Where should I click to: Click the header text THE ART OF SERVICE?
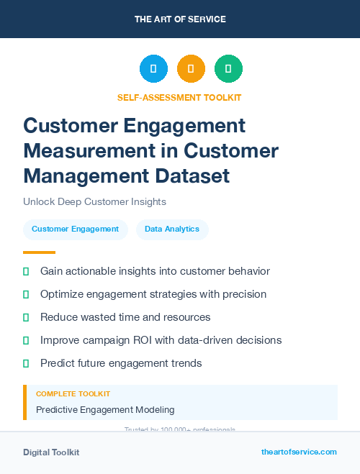tap(180, 19)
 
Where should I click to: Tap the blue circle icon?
tap(153, 69)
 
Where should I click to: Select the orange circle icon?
tap(191, 69)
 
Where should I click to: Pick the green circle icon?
tap(228, 69)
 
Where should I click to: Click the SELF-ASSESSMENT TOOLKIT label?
tap(179, 97)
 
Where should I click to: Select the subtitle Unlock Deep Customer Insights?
tap(94, 201)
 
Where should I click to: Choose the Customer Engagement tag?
tap(76, 229)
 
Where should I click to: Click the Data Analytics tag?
tap(172, 229)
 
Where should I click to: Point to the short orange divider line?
tap(39, 252)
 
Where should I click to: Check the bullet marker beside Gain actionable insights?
tap(26, 271)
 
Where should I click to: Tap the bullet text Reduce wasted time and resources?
tap(125, 317)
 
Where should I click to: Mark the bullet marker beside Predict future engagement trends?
tap(26, 363)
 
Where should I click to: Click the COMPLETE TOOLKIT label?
tap(73, 394)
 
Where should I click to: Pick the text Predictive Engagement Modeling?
tap(104, 410)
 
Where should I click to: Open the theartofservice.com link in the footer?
tap(299, 452)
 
